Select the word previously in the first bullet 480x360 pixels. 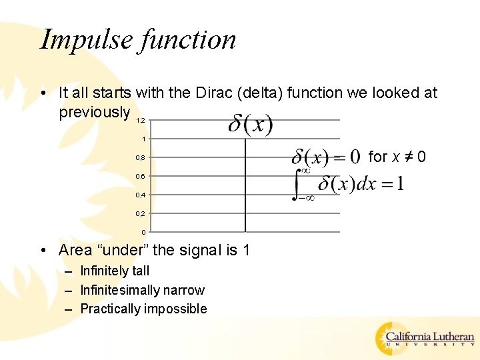coord(94,111)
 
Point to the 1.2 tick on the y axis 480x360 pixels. coord(140,121)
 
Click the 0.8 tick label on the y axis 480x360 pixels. coord(140,158)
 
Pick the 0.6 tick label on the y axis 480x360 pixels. coord(140,177)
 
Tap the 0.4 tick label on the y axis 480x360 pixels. coord(140,195)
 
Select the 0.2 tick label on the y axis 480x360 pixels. coord(140,214)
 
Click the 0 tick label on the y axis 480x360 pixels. coord(143,232)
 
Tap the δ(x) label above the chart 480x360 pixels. coord(251,125)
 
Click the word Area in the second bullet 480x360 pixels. coord(75,250)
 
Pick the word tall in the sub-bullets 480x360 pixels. coord(139,271)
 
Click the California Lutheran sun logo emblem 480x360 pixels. coord(389,337)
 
